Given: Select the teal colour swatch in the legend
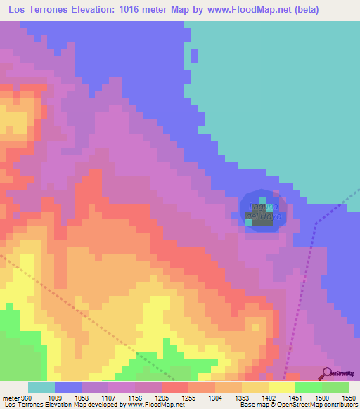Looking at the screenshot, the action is click(x=41, y=388).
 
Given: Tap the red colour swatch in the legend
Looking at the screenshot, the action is click(x=175, y=388).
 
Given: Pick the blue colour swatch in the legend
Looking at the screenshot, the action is click(x=68, y=388).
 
